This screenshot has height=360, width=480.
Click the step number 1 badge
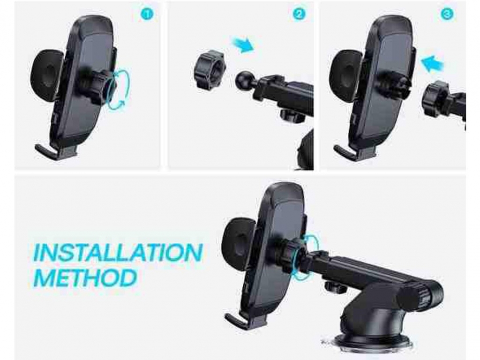click(x=147, y=14)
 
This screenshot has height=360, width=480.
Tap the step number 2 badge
click(x=299, y=14)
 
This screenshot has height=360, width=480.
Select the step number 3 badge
click(x=447, y=14)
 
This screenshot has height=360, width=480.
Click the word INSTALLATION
click(x=118, y=252)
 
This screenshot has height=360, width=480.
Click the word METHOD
click(x=85, y=278)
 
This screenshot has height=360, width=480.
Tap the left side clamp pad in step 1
click(x=46, y=75)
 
